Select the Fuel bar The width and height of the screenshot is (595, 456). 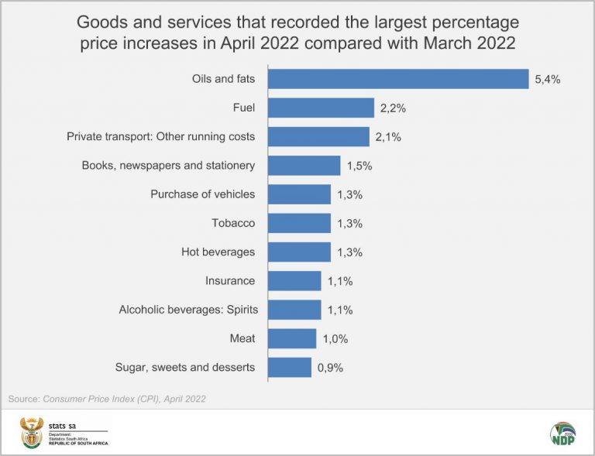point(321,108)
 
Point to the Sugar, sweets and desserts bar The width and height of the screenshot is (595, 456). point(290,367)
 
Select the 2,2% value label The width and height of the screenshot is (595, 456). point(394,108)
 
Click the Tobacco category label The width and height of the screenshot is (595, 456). point(233,223)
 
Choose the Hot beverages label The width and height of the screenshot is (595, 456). point(218,252)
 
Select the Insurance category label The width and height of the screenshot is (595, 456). point(230,280)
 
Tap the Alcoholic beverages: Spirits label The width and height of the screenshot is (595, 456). point(188,310)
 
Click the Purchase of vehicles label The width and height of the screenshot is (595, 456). point(202,194)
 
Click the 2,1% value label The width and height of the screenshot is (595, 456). point(388,136)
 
